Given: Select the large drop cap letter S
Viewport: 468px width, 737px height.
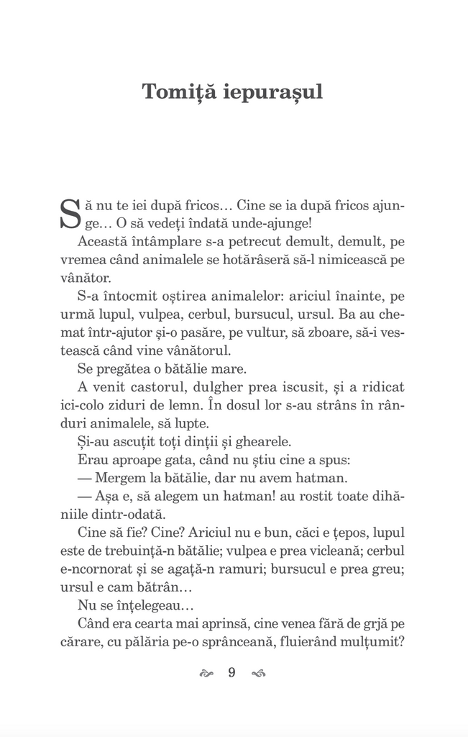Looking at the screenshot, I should click(68, 214).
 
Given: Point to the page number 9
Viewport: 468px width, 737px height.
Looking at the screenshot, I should click(231, 674).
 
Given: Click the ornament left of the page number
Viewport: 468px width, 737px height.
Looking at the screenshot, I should click(206, 674).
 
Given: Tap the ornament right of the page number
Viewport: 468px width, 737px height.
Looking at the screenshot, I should click(257, 674).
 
